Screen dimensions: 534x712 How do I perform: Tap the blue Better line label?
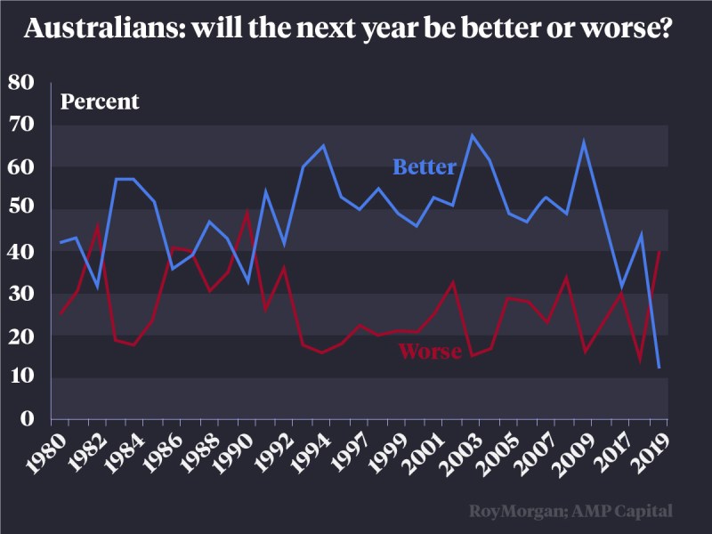[425, 167]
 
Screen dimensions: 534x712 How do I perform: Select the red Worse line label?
[430, 352]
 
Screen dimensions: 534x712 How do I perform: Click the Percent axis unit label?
[100, 101]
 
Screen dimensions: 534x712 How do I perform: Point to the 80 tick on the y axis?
[20, 83]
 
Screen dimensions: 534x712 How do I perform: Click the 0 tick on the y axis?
[27, 418]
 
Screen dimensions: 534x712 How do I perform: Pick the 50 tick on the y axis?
[20, 209]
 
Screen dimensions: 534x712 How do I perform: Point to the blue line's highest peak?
[472, 135]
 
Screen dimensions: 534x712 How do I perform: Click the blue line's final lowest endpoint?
[659, 368]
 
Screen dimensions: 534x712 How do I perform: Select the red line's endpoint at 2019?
[659, 251]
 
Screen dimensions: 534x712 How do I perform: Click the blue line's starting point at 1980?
[60, 242]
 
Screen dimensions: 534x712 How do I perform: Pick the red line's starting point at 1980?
[60, 314]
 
